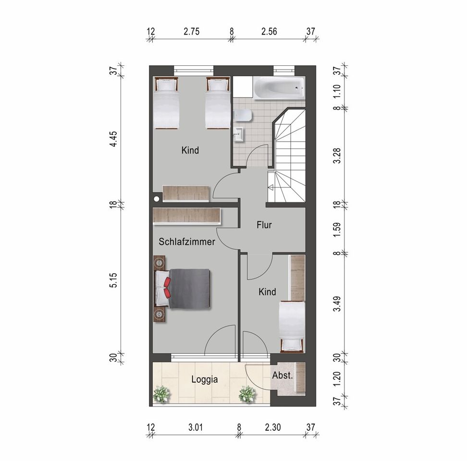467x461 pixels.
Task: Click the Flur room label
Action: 264,225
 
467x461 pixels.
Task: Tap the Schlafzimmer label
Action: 187,242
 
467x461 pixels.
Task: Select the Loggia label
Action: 205,379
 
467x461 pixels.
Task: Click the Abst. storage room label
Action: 283,376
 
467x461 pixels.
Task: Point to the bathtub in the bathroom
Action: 279,88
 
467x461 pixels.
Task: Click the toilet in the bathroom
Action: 243,116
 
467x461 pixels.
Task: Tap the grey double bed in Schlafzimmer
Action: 182,289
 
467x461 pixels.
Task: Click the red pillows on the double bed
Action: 167,288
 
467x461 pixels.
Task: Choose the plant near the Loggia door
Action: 247,394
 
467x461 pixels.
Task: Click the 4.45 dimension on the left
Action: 113,139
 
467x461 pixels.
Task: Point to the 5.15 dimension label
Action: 113,280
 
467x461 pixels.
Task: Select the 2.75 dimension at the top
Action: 192,32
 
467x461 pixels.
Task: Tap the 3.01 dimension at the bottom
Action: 196,428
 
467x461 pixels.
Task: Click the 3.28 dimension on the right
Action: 337,156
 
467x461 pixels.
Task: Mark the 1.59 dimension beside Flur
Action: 337,229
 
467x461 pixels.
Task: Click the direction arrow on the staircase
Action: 271,187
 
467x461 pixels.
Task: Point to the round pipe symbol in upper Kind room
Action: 156,199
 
